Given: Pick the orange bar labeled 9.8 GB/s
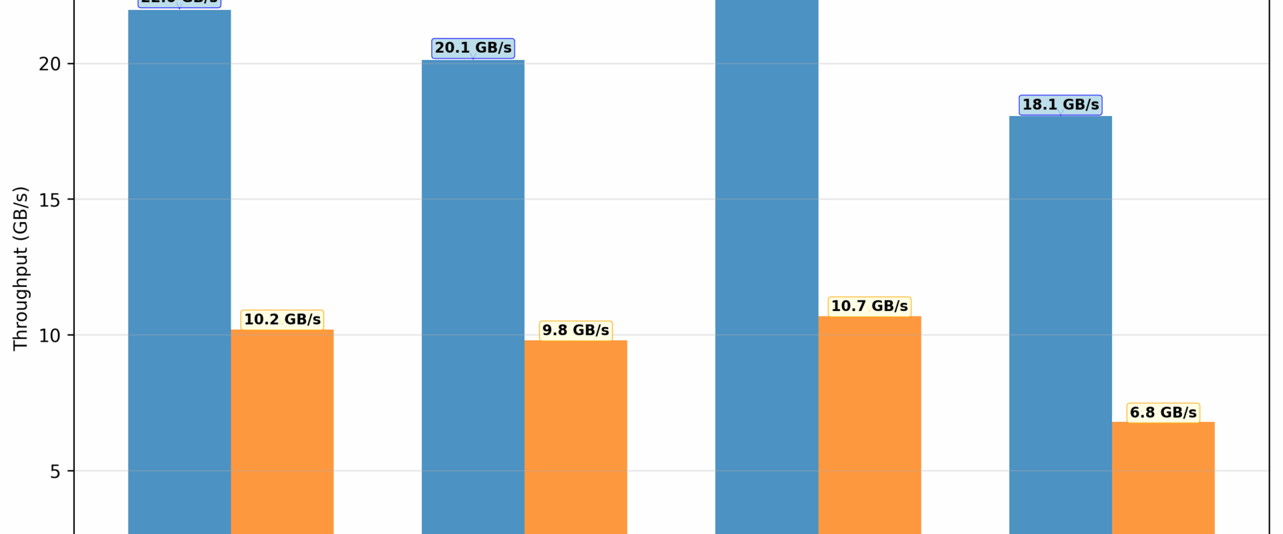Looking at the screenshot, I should pyautogui.click(x=575, y=437).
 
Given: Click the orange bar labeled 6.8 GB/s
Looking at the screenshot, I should pyautogui.click(x=1163, y=477).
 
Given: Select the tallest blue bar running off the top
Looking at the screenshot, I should pyautogui.click(x=766, y=267).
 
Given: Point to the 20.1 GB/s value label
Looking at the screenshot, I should pyautogui.click(x=473, y=48).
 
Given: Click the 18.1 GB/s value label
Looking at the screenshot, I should pyautogui.click(x=1060, y=105).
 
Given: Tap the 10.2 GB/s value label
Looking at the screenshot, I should pyautogui.click(x=282, y=320).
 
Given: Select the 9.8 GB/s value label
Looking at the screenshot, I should pyautogui.click(x=575, y=330).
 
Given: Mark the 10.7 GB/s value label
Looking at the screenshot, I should pyautogui.click(x=869, y=306).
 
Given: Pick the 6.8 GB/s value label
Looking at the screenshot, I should pyautogui.click(x=1163, y=413).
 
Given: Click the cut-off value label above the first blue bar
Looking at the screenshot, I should pyautogui.click(x=179, y=3).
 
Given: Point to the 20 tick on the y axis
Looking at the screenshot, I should pyautogui.click(x=49, y=64).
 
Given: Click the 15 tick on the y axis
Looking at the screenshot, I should pyautogui.click(x=49, y=200).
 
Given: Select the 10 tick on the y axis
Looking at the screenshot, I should pyautogui.click(x=49, y=336).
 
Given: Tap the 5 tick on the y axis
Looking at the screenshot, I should pyautogui.click(x=55, y=471).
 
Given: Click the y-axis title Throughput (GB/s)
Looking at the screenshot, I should pyautogui.click(x=21, y=268).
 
